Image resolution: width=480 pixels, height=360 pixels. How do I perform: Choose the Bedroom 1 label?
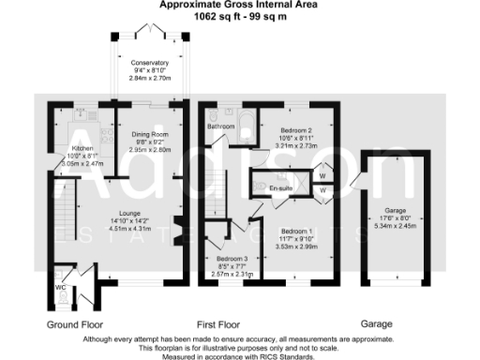pos(295,231)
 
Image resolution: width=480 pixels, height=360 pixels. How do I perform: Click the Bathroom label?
pos(220,126)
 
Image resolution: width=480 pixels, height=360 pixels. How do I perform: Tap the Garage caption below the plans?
pos(376,323)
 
